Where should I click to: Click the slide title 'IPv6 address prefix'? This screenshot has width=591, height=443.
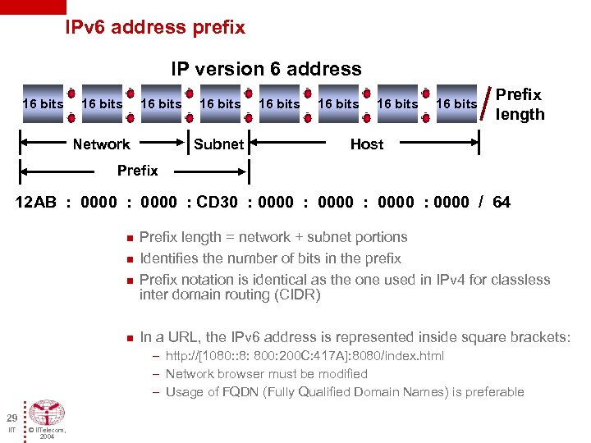pyautogui.click(x=155, y=27)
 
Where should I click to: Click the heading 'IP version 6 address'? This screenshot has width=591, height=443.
pyautogui.click(x=266, y=69)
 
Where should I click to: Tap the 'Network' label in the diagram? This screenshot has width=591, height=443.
pyautogui.click(x=101, y=144)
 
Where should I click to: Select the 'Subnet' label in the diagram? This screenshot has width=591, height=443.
pyautogui.click(x=218, y=144)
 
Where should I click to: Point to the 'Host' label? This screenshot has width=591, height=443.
pyautogui.click(x=366, y=144)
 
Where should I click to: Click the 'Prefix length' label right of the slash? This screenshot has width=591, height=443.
pyautogui.click(x=520, y=104)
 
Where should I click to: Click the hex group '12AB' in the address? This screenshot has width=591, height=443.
pyautogui.click(x=36, y=202)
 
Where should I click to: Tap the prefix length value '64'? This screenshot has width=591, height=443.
pyautogui.click(x=501, y=202)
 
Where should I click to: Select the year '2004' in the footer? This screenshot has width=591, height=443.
pyautogui.click(x=48, y=436)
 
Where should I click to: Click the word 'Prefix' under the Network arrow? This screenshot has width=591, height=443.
pyautogui.click(x=137, y=171)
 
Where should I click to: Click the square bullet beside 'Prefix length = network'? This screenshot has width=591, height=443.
pyautogui.click(x=129, y=239)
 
